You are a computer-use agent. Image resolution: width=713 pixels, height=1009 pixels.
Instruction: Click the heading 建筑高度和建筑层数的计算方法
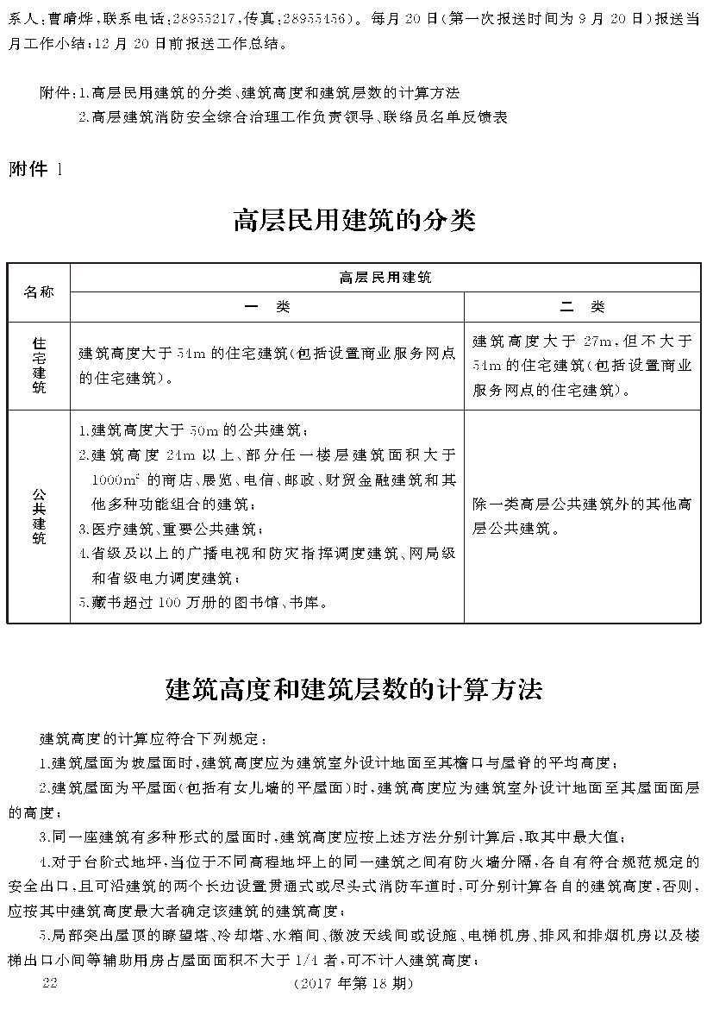(x=353, y=689)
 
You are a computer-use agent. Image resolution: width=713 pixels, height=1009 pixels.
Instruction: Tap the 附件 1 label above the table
(x=35, y=169)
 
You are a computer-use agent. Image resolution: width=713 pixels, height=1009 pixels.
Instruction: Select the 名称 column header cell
(x=39, y=291)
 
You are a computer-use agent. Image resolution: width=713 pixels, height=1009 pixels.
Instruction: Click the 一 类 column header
(x=266, y=307)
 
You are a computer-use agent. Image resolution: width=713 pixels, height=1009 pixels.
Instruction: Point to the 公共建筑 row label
(x=39, y=516)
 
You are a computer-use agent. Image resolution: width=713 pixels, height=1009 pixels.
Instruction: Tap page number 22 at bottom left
(x=49, y=984)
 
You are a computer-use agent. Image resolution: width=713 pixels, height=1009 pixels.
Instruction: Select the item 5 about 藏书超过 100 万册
(x=203, y=602)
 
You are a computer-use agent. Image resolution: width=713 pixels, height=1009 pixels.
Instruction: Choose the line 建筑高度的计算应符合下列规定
(x=155, y=739)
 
